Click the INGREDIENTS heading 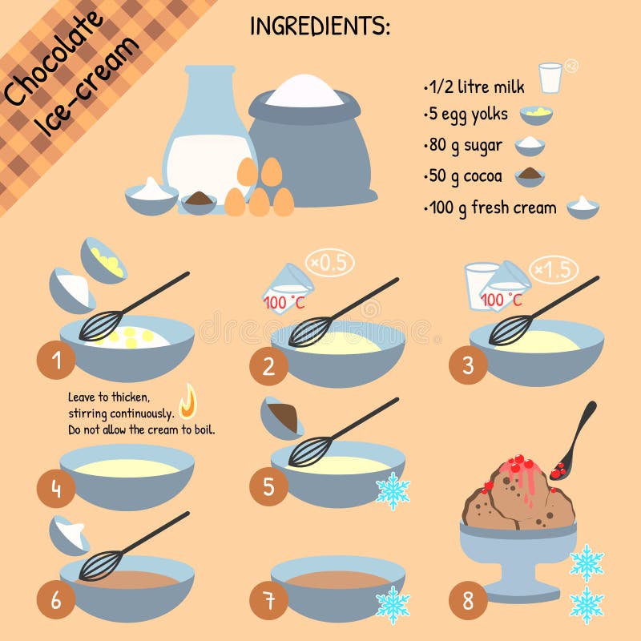tap(320, 26)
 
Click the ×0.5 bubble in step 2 tap(329, 263)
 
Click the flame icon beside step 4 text tap(187, 401)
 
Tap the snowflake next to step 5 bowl tap(393, 490)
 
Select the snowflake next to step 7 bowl tap(393, 604)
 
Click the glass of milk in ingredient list tap(550, 79)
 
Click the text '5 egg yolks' tap(467, 114)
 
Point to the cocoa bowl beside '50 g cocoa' tap(530, 175)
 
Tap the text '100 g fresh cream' tap(491, 208)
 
